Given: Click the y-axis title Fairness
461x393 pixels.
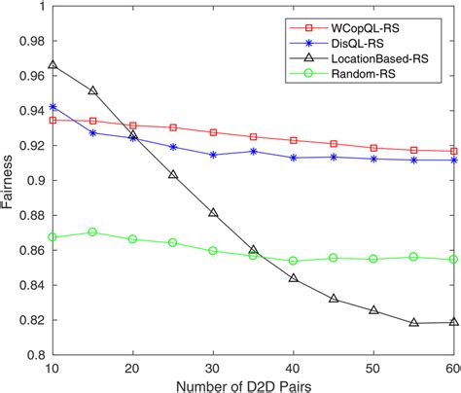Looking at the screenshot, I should point(10,180).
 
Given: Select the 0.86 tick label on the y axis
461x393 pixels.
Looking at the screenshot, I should point(28,250).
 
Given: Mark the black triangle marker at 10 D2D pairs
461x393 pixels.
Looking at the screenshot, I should point(53,64).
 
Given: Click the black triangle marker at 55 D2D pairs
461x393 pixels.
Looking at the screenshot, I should point(413,322).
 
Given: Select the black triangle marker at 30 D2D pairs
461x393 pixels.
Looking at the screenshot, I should point(213,212).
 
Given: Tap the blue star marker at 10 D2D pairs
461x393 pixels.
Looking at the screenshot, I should point(53,107).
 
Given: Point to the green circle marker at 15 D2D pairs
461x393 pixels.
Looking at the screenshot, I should point(92,232).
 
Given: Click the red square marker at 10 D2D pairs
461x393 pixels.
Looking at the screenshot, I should point(53,120).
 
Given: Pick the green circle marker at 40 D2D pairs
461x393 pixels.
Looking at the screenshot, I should point(293,261).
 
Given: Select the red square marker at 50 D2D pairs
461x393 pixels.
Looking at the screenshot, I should point(372,148).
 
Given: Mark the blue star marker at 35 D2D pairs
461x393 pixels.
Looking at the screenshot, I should point(253,151).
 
